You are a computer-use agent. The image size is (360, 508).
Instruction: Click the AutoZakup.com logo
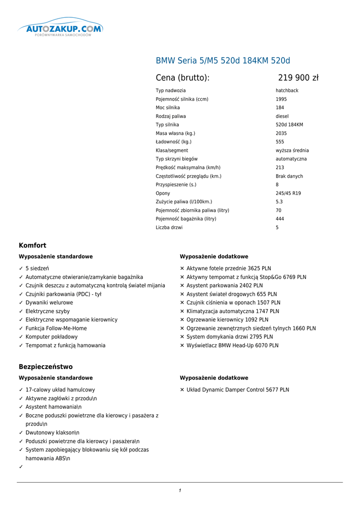[60, 29]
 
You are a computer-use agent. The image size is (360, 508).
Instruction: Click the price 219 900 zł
[298, 77]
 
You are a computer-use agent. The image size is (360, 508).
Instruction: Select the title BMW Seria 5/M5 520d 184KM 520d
[223, 61]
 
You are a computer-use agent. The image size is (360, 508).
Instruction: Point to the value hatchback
[288, 91]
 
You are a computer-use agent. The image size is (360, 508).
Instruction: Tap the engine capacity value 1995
[281, 99]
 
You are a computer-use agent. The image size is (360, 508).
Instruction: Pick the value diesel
[282, 117]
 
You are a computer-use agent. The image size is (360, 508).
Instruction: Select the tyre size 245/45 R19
[288, 193]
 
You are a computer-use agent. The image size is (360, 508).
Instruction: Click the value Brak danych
[289, 176]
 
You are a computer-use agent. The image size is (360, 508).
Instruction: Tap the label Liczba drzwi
[169, 228]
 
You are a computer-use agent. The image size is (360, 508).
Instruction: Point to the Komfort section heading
[32, 246]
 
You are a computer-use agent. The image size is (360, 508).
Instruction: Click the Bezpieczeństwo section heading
[46, 367]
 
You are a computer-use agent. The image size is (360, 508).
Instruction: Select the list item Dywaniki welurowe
[49, 303]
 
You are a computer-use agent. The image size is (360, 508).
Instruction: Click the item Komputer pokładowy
[51, 337]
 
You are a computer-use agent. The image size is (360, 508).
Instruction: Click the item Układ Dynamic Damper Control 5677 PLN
[237, 390]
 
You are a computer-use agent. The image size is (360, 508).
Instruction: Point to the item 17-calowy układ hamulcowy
[60, 390]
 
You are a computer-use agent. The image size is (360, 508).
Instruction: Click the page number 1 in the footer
[180, 491]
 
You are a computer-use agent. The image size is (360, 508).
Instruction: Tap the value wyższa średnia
[292, 151]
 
